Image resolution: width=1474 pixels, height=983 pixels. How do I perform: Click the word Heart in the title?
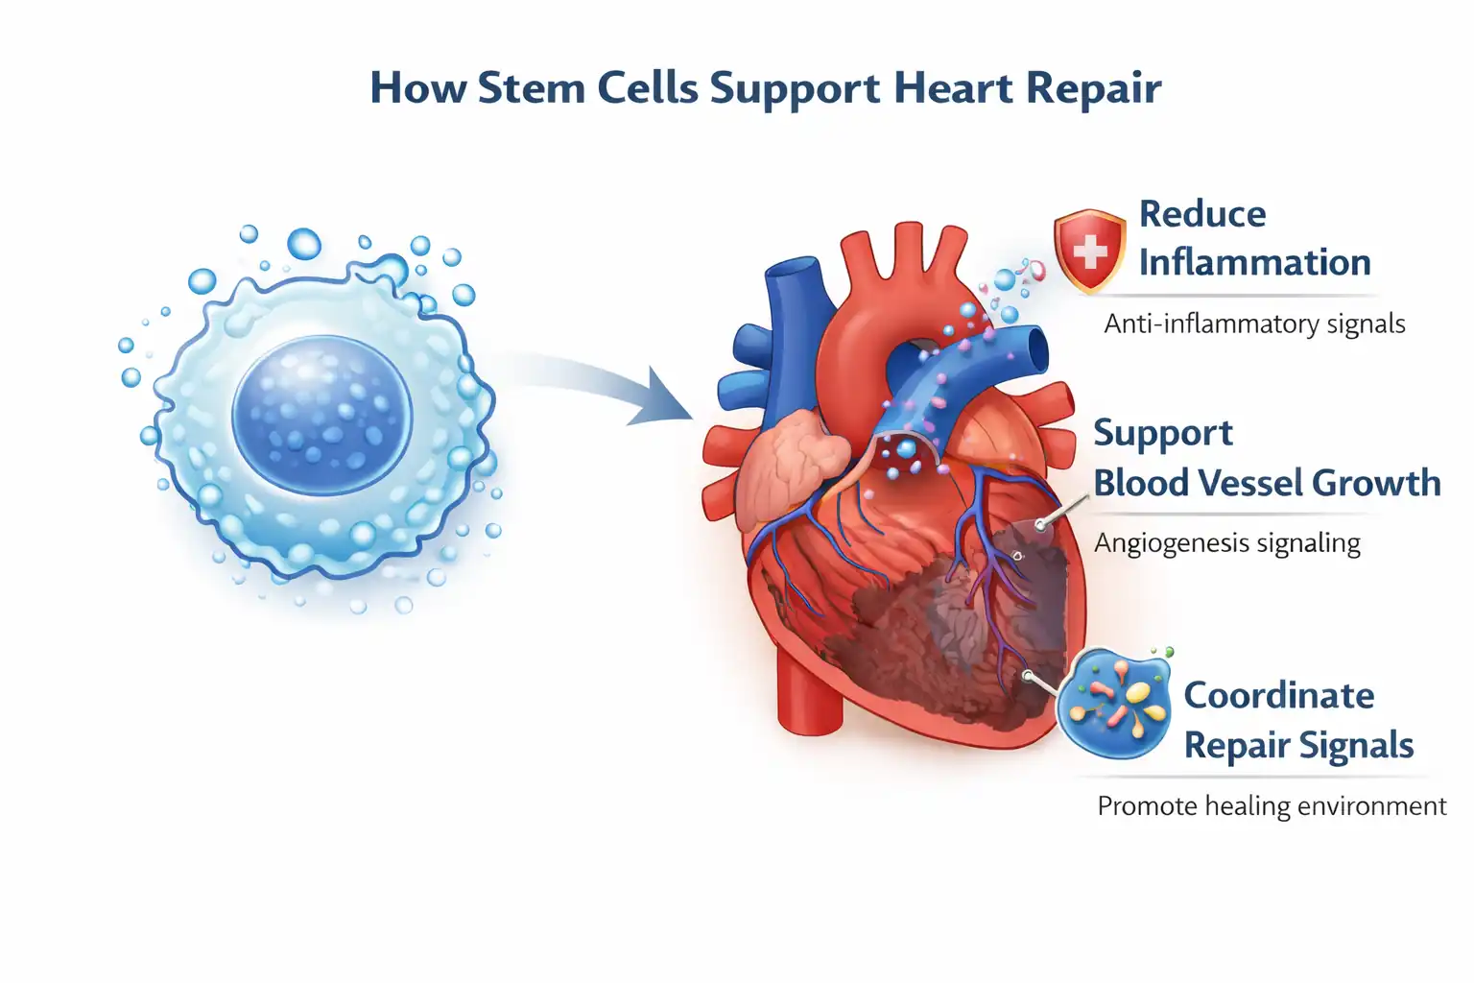[x=954, y=87]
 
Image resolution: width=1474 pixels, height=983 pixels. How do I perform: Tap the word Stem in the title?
[x=532, y=87]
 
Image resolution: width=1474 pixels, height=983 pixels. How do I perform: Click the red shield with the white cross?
[x=1090, y=251]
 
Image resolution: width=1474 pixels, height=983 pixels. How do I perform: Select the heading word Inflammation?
[x=1255, y=262]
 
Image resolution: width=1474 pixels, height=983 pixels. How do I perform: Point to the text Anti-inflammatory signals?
[x=1254, y=324]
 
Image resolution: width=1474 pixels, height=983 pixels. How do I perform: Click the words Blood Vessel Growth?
[x=1267, y=483]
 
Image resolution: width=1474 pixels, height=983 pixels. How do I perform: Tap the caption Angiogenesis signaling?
[x=1227, y=543]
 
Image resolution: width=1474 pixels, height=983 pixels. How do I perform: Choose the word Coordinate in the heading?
[x=1278, y=695]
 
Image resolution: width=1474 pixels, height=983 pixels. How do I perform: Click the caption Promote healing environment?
[x=1272, y=806]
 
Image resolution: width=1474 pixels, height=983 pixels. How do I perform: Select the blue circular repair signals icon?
[x=1114, y=704]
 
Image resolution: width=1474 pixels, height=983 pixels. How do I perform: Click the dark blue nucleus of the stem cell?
[x=322, y=416]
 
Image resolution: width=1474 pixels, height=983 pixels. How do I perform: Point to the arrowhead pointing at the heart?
[x=665, y=398]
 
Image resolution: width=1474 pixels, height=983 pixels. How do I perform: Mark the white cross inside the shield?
[x=1090, y=251]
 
